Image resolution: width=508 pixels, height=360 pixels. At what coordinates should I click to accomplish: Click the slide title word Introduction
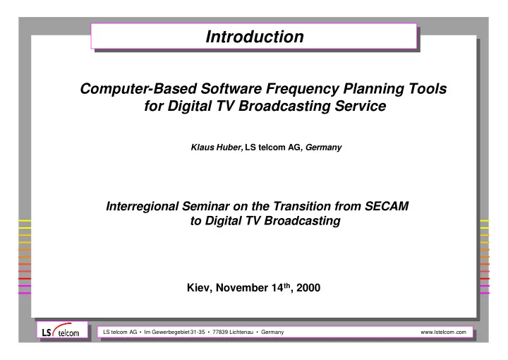coord(255,36)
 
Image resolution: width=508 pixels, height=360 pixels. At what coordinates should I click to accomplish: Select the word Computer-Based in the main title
coord(138,89)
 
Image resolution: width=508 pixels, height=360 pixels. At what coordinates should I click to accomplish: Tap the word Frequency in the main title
coord(303,90)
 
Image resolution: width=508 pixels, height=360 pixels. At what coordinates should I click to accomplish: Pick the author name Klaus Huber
coord(216,148)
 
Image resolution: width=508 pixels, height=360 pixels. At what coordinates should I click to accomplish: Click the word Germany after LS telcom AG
coord(323,148)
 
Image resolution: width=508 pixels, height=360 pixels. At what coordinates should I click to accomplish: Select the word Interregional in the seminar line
coord(143,206)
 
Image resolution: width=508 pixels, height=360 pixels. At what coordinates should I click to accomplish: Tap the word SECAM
coord(387,206)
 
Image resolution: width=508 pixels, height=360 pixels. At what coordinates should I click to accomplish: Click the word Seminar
coord(206,206)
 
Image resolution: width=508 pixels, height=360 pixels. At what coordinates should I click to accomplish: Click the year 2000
coord(308,288)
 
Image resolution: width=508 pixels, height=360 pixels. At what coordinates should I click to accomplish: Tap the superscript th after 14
coord(287,285)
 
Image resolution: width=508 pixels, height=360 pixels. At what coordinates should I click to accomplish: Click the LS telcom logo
coord(62,330)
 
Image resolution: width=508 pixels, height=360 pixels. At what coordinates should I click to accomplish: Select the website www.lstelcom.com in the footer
coord(443,332)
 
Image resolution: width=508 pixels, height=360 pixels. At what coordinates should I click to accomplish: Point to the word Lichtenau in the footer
coord(241,332)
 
